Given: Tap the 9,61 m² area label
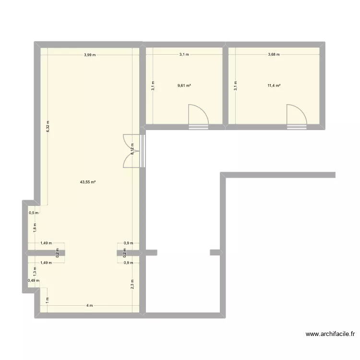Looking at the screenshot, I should point(184,86).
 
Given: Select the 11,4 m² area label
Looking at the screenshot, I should point(274,86).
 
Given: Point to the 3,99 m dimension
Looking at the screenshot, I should point(90,55).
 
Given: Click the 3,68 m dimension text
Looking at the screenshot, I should point(274,55).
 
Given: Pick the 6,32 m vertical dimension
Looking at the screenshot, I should point(48,126).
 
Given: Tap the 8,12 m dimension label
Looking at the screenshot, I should point(132,150).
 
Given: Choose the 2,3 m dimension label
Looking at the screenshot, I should point(132,284).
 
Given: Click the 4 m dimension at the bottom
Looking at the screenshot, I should point(90,306).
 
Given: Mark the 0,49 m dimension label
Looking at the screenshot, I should point(34,281).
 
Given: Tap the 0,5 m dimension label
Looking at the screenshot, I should point(34,213).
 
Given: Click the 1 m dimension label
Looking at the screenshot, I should point(47,300).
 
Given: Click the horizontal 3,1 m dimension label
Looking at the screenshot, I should point(184,55).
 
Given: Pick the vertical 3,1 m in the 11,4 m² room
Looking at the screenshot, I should point(235,85).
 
